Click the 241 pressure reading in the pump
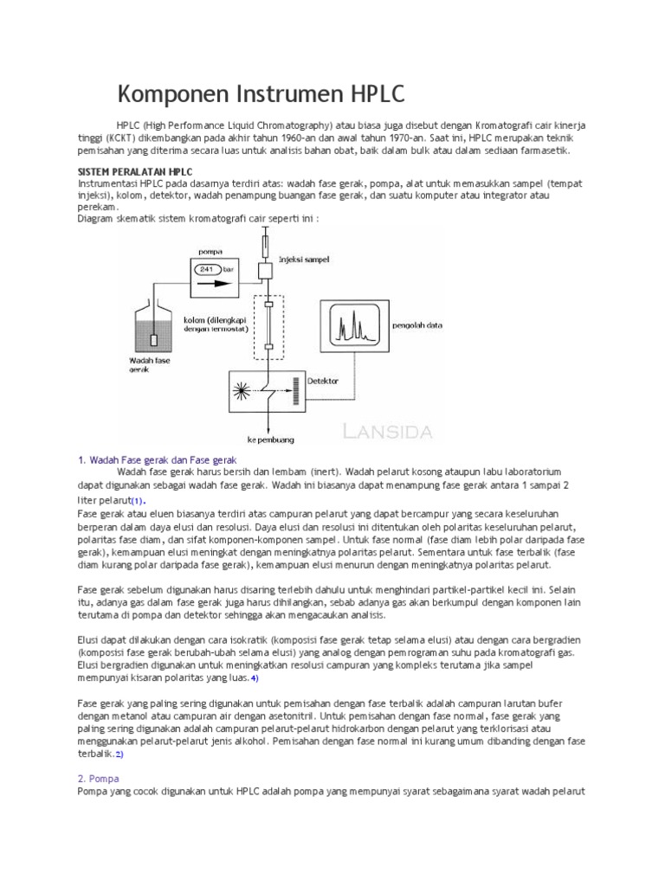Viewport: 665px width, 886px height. coord(207,269)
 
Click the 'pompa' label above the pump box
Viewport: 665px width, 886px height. coord(210,252)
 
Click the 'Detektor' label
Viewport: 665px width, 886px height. coord(322,380)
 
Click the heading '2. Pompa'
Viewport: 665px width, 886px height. coord(99,779)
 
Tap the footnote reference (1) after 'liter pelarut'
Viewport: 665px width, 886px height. coord(139,501)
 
